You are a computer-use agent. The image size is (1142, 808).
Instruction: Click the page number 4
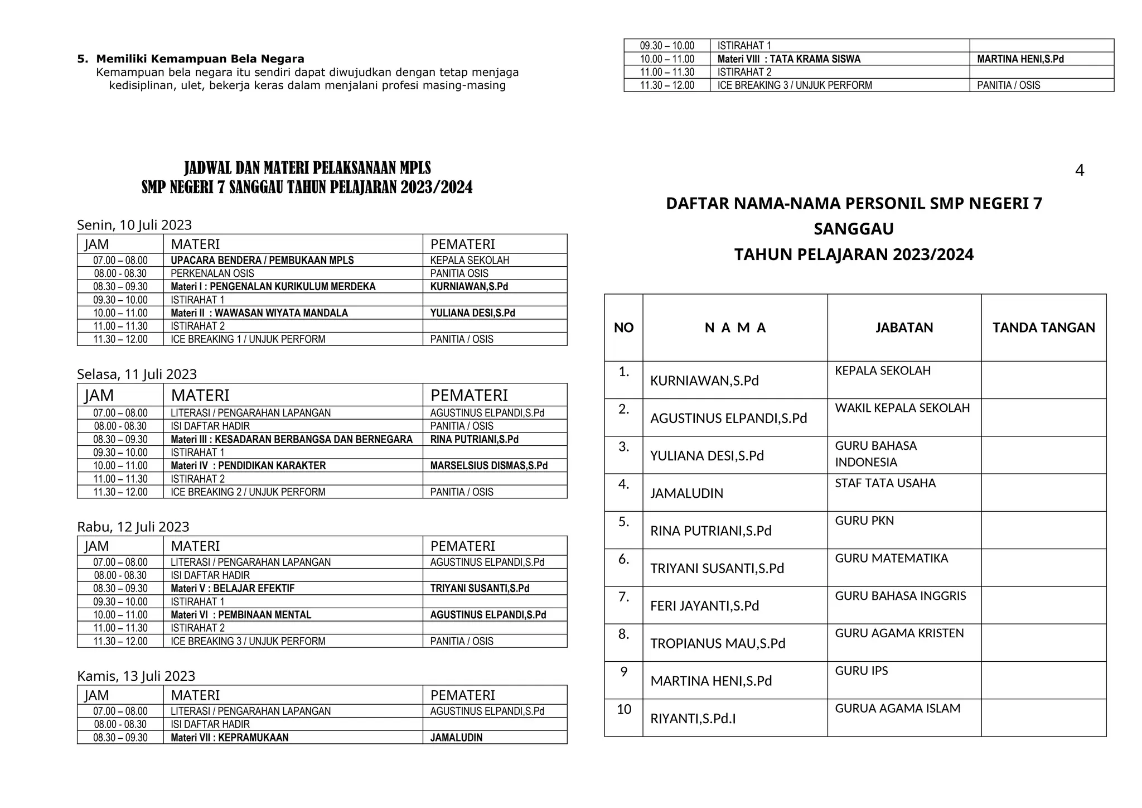coord(1079,171)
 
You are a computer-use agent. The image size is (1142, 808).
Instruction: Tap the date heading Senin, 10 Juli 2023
coord(134,225)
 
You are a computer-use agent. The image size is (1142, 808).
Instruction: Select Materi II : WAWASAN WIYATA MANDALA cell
coord(259,313)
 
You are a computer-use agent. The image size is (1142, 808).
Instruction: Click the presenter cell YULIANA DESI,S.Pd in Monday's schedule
coord(472,313)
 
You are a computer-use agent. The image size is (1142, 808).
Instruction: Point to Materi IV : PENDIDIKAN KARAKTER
coord(248,466)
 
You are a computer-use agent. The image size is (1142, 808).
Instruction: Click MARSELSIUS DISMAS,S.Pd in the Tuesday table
coord(488,466)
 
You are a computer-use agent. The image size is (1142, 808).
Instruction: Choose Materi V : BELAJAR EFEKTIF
coord(233,589)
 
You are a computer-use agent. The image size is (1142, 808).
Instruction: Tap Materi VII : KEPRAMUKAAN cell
coord(230,738)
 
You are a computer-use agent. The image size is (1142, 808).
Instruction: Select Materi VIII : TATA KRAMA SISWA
coord(788,59)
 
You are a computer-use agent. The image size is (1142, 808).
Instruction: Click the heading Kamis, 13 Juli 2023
coord(136,676)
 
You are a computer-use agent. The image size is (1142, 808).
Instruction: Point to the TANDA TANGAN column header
coord(1043,328)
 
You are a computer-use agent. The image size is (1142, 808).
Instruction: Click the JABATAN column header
coord(904,328)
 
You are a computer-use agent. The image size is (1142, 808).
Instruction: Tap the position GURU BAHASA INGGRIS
coord(900,596)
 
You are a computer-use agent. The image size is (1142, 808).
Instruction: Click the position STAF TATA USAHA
coord(885,483)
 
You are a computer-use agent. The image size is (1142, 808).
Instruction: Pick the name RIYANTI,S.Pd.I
coord(693,719)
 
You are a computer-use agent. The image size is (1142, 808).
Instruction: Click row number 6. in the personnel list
coord(623,559)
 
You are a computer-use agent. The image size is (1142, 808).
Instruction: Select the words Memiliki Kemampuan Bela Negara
coord(200,59)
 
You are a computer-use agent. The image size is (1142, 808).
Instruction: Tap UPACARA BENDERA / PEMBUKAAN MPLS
coord(262,261)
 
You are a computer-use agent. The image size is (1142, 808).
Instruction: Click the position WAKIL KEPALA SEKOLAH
coord(902,408)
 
